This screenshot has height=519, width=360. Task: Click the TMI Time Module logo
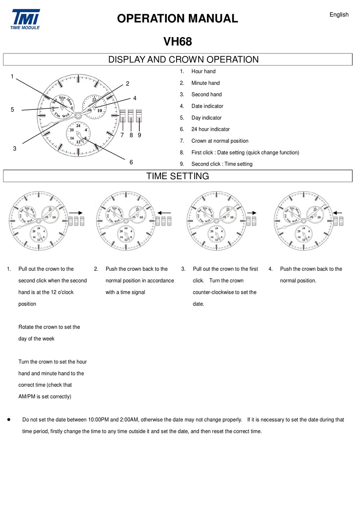[25, 19]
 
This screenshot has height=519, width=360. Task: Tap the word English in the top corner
[339, 15]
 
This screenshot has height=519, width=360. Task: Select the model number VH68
[177, 41]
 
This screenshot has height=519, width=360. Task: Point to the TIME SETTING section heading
[177, 176]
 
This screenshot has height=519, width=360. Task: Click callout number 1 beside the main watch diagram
[12, 77]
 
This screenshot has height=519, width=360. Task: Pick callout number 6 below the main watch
[131, 162]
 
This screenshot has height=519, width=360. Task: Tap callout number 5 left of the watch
[12, 109]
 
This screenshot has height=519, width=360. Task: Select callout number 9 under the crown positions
[139, 135]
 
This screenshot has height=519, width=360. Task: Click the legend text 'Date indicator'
[207, 106]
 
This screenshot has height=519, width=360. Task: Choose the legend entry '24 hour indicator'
[210, 129]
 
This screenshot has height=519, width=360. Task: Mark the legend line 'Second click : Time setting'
[222, 164]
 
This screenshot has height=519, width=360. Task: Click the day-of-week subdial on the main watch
[62, 106]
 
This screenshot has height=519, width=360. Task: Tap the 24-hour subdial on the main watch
[78, 134]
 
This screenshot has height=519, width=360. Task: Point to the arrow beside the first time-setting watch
[76, 213]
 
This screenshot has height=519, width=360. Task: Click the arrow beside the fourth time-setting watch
[338, 213]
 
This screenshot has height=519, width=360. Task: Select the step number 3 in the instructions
[183, 269]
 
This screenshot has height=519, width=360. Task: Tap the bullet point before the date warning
[9, 420]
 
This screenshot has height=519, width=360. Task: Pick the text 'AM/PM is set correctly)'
[45, 397]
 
